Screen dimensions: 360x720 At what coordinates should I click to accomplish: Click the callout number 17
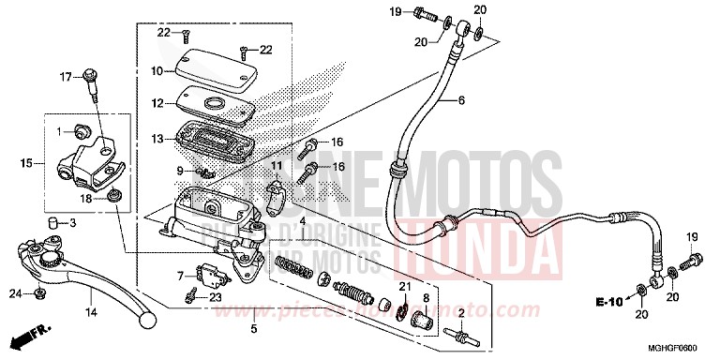click(x=66, y=76)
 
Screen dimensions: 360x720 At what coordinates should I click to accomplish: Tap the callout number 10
click(x=157, y=71)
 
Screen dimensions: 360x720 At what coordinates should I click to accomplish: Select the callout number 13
click(x=157, y=139)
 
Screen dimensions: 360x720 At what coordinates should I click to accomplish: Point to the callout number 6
click(x=460, y=99)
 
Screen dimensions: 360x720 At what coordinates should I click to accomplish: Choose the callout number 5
click(x=253, y=330)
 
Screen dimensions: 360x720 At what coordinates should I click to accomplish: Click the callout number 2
click(x=460, y=312)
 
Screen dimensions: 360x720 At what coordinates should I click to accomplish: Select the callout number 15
click(x=27, y=163)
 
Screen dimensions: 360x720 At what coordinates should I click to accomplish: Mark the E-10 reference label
click(x=609, y=301)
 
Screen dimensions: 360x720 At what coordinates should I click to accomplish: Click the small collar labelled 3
click(x=54, y=221)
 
